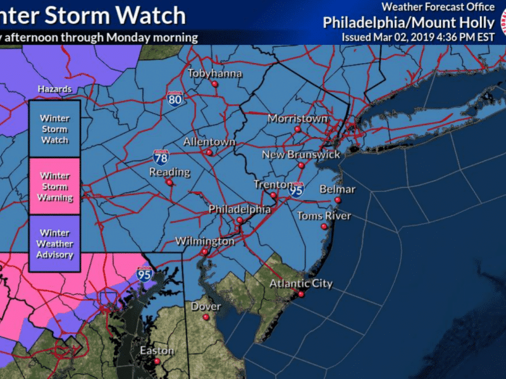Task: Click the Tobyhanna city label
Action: click(214, 73)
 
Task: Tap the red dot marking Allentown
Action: click(209, 152)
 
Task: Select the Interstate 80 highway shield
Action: click(176, 99)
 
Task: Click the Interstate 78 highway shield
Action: click(161, 157)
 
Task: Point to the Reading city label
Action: click(170, 172)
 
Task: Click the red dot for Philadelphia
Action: click(240, 220)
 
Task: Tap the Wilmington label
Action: click(204, 241)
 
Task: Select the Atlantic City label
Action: click(301, 284)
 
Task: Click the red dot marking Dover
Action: click(206, 318)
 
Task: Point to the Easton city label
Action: click(157, 351)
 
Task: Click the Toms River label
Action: click(324, 216)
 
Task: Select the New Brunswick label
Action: click(301, 155)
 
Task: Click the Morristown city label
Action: click(297, 118)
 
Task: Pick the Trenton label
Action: click(271, 184)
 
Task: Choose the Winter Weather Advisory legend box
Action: click(54, 244)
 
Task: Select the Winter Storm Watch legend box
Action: click(54, 129)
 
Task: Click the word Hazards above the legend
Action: click(54, 89)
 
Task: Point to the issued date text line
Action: click(417, 37)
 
